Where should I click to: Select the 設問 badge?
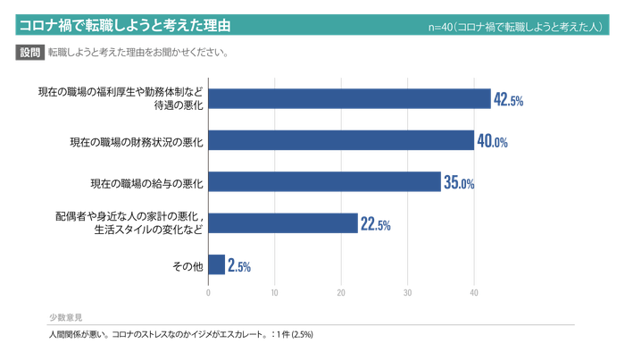point(30,53)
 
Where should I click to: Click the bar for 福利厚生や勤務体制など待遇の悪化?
point(348,97)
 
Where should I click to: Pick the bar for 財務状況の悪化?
point(340,140)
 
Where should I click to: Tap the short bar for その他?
point(214,264)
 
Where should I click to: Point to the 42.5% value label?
point(507,99)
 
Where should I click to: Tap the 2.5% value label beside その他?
point(237,265)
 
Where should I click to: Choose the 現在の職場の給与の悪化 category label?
point(146,183)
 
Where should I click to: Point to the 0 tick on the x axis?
point(208,291)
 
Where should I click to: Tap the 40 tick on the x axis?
point(473,291)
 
